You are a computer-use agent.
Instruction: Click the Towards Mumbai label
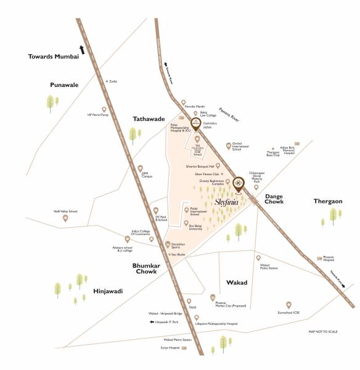54,57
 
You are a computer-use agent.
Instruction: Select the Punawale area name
64,85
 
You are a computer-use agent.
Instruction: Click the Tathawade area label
149,118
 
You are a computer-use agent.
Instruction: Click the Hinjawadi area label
108,290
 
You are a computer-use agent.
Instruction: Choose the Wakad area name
237,282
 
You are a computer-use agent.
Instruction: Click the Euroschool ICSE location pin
288,305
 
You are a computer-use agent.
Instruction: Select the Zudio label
113,81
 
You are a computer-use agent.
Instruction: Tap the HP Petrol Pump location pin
104,109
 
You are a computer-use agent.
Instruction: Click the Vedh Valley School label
65,212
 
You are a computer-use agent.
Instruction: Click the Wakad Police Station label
269,266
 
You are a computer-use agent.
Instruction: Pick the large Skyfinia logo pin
239,183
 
